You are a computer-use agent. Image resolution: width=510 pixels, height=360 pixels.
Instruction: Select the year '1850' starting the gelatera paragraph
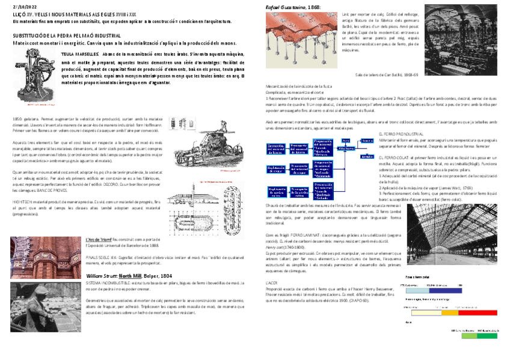(x=17, y=119)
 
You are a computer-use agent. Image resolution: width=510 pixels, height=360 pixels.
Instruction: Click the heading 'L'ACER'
(x=271, y=281)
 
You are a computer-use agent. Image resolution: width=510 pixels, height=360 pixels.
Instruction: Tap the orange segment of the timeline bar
(x=450, y=313)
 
